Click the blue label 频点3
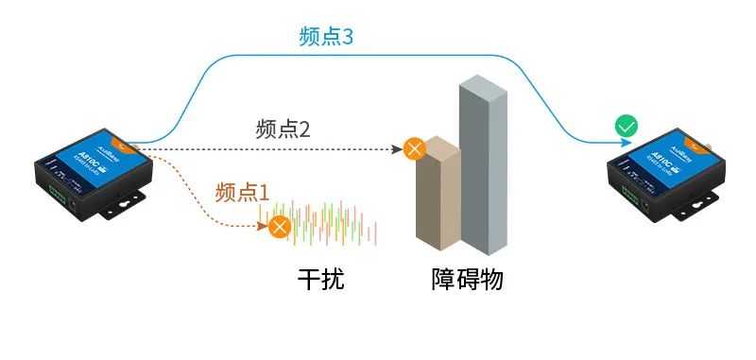[325, 39]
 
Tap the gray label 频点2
[283, 129]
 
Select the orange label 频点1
[243, 190]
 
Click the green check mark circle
[626, 126]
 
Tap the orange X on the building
[414, 148]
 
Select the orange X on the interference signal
[279, 226]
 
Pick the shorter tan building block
[437, 194]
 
